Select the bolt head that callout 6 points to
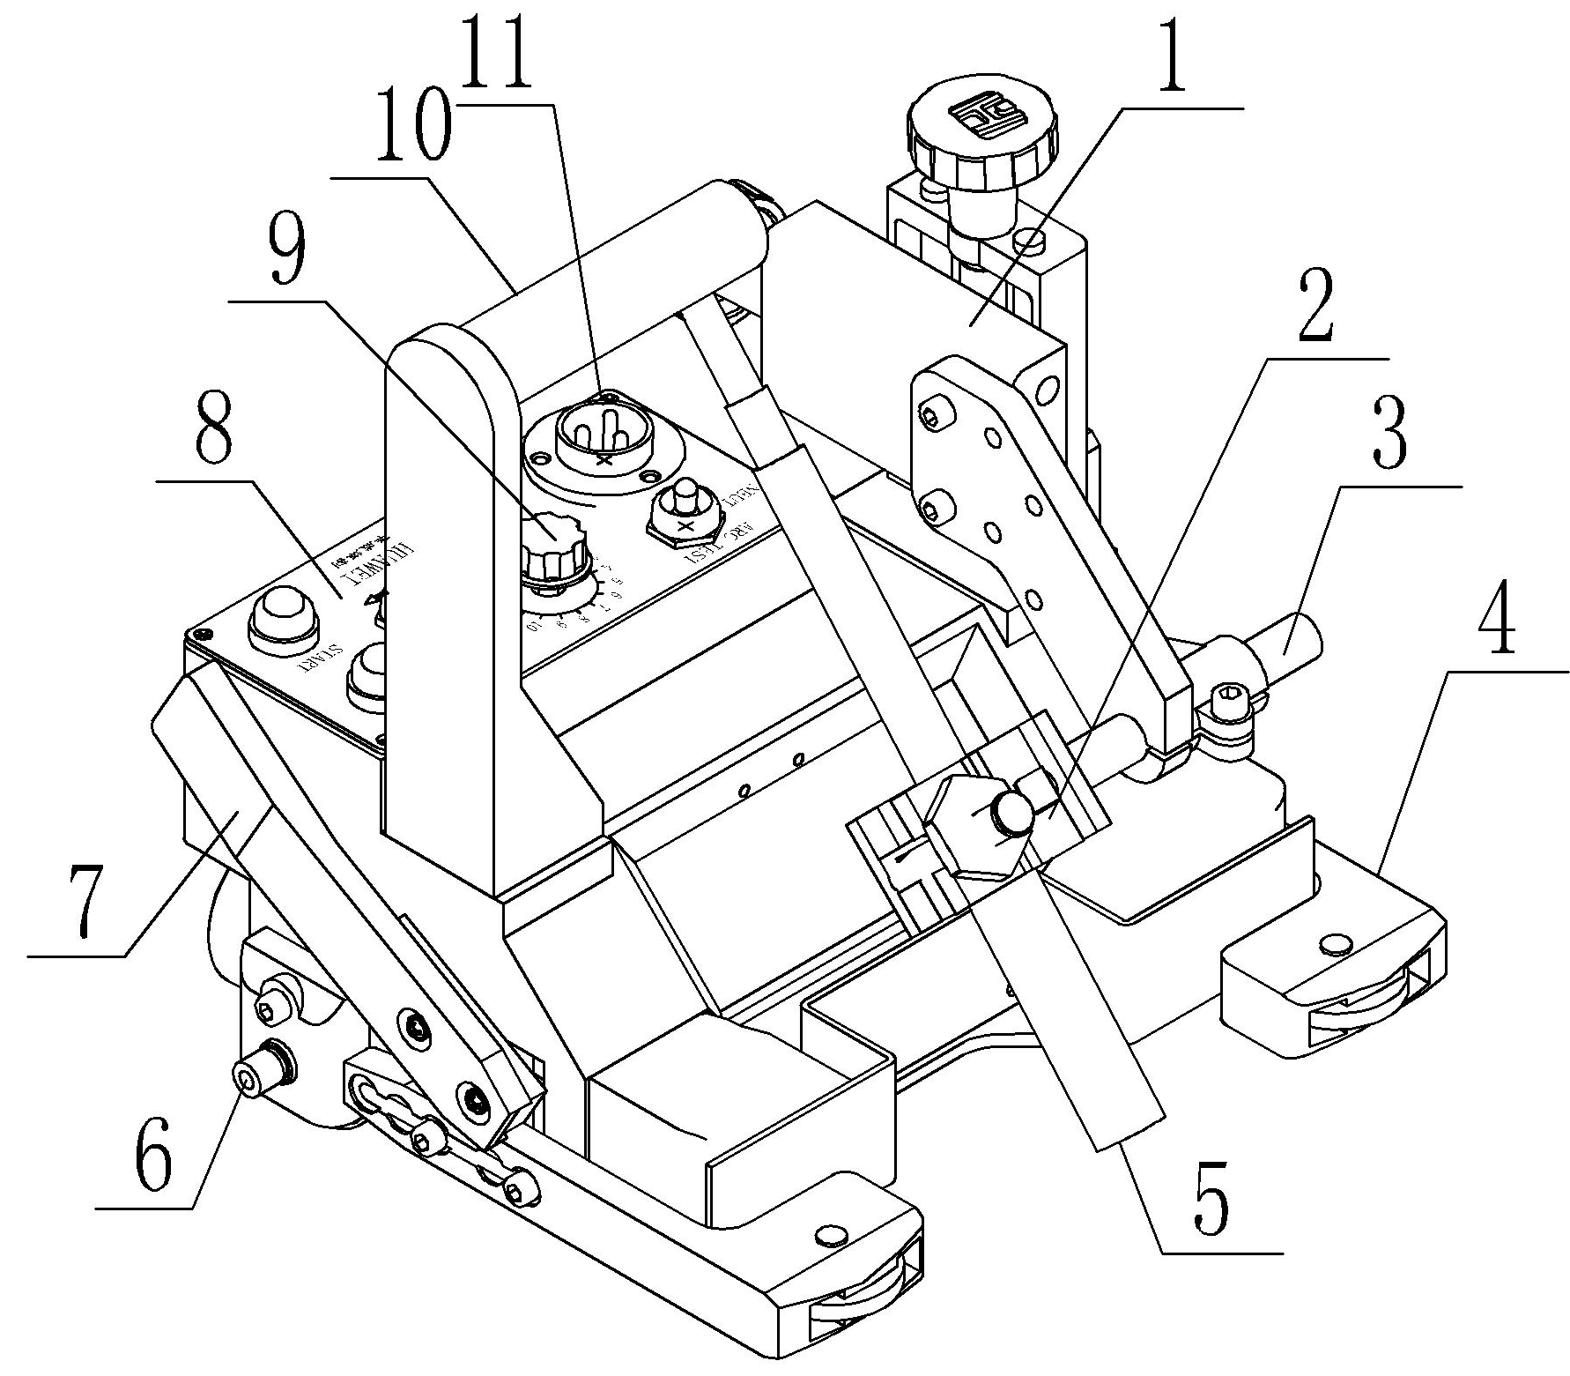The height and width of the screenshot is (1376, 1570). tap(250, 1079)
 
